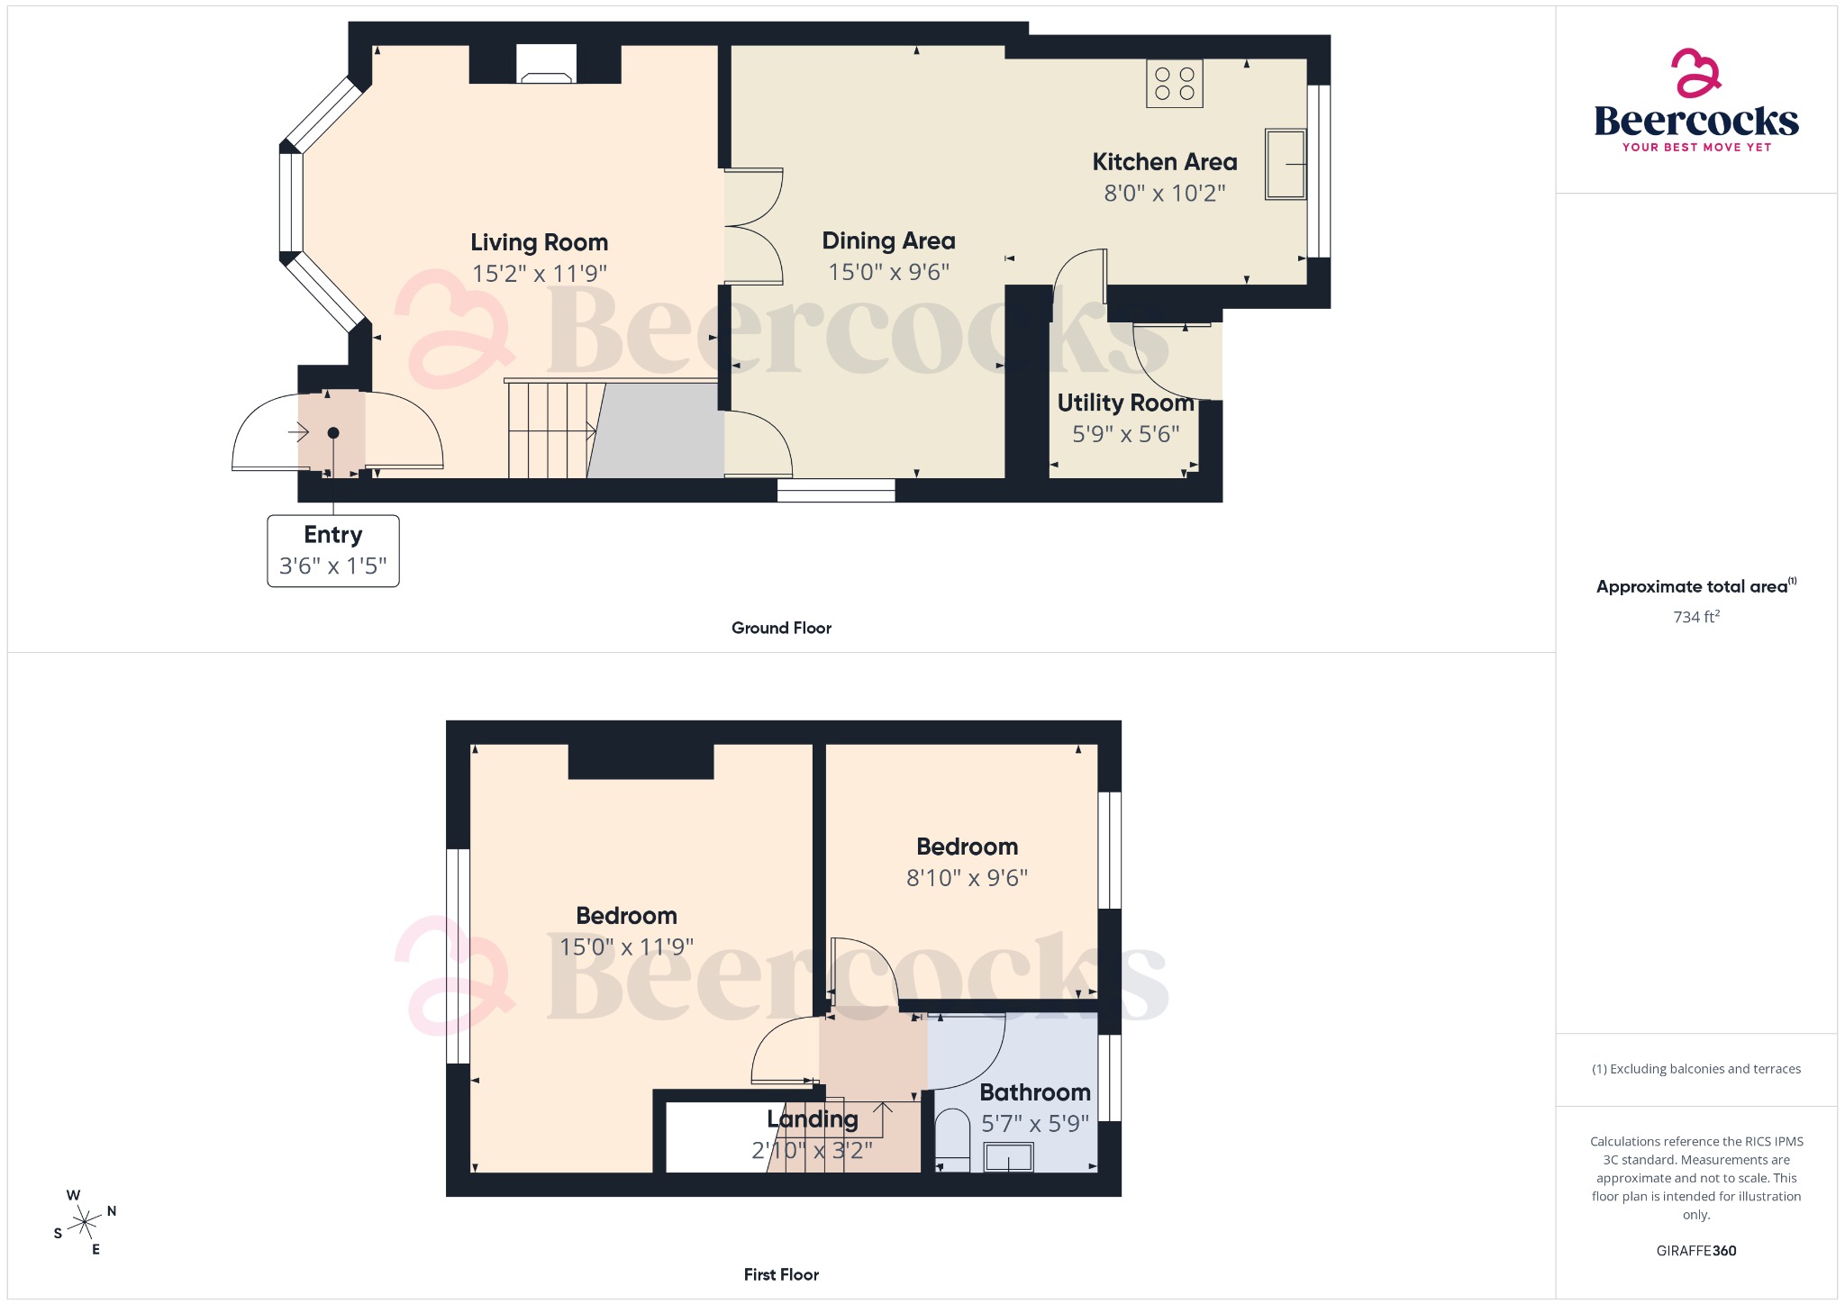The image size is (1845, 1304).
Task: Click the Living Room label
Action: pyautogui.click(x=539, y=242)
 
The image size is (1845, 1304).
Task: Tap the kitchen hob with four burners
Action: pyautogui.click(x=1174, y=84)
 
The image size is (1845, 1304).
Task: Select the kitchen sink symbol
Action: pyautogui.click(x=1286, y=164)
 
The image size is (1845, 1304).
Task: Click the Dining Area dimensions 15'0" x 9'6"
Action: pyautogui.click(x=888, y=272)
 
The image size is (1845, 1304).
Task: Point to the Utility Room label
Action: pyautogui.click(x=1125, y=403)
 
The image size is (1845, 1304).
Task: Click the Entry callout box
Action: pyautogui.click(x=333, y=550)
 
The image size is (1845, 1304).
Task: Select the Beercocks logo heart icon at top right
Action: pyautogui.click(x=1695, y=73)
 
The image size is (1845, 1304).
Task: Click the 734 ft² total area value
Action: pyautogui.click(x=1695, y=617)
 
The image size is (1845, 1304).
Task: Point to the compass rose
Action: pyautogui.click(x=85, y=1222)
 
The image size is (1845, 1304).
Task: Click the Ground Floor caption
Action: pyautogui.click(x=781, y=628)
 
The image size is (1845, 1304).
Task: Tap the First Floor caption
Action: pyautogui.click(x=781, y=1274)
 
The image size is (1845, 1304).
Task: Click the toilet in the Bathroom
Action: pyautogui.click(x=952, y=1139)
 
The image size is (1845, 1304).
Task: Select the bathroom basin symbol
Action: pyautogui.click(x=1008, y=1156)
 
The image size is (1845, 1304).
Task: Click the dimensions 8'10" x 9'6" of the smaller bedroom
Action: pyautogui.click(x=967, y=878)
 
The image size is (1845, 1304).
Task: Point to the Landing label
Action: pyautogui.click(x=812, y=1119)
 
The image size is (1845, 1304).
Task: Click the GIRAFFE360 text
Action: pyautogui.click(x=1695, y=1251)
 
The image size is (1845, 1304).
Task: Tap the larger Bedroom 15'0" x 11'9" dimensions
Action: pyautogui.click(x=626, y=947)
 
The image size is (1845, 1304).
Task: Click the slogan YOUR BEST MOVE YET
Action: pyautogui.click(x=1695, y=147)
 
